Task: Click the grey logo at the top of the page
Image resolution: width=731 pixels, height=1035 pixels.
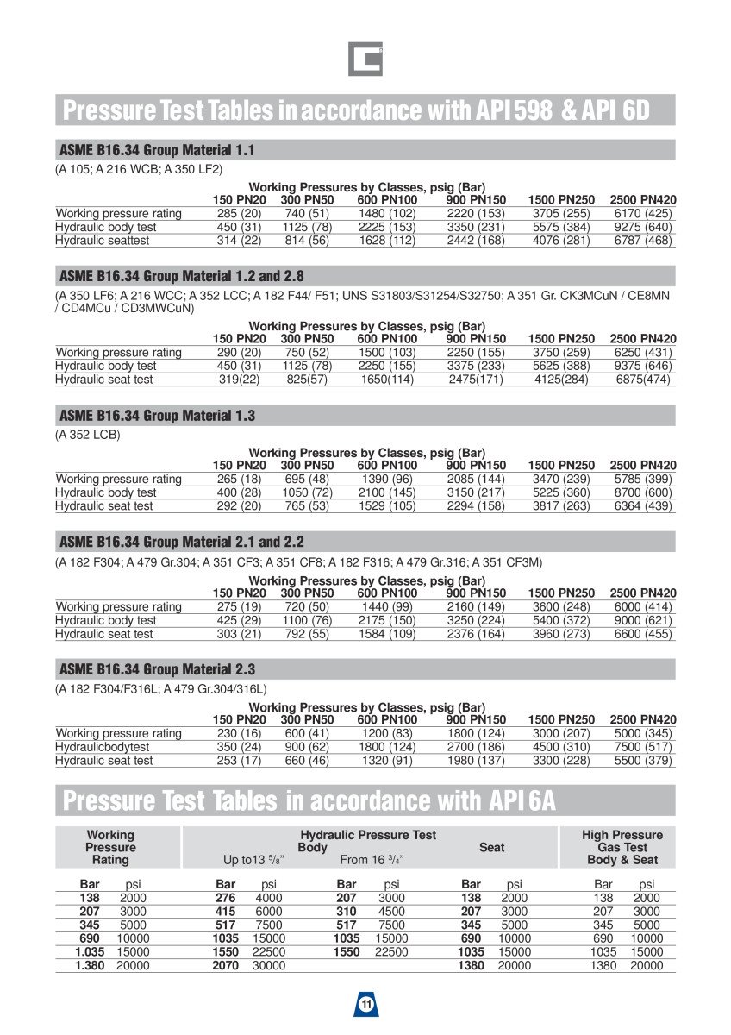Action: click(365, 59)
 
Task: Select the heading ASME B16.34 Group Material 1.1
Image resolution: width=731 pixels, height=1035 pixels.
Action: click(156, 150)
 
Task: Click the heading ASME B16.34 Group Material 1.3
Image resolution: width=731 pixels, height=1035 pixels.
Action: click(156, 416)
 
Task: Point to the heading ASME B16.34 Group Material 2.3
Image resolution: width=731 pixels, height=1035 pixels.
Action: click(156, 669)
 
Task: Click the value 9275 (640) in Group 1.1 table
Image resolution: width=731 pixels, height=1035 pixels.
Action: click(642, 228)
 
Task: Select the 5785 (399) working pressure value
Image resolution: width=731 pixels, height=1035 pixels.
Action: click(642, 479)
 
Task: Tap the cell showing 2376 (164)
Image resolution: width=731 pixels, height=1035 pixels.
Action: click(476, 634)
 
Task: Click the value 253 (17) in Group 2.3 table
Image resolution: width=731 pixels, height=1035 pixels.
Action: click(240, 761)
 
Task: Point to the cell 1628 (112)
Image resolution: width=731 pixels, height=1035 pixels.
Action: click(387, 241)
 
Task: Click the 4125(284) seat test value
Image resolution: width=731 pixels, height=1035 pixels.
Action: click(561, 379)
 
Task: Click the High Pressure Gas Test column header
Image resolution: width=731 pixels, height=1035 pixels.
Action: click(622, 847)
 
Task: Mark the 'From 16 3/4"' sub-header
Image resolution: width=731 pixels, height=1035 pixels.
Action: click(372, 860)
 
